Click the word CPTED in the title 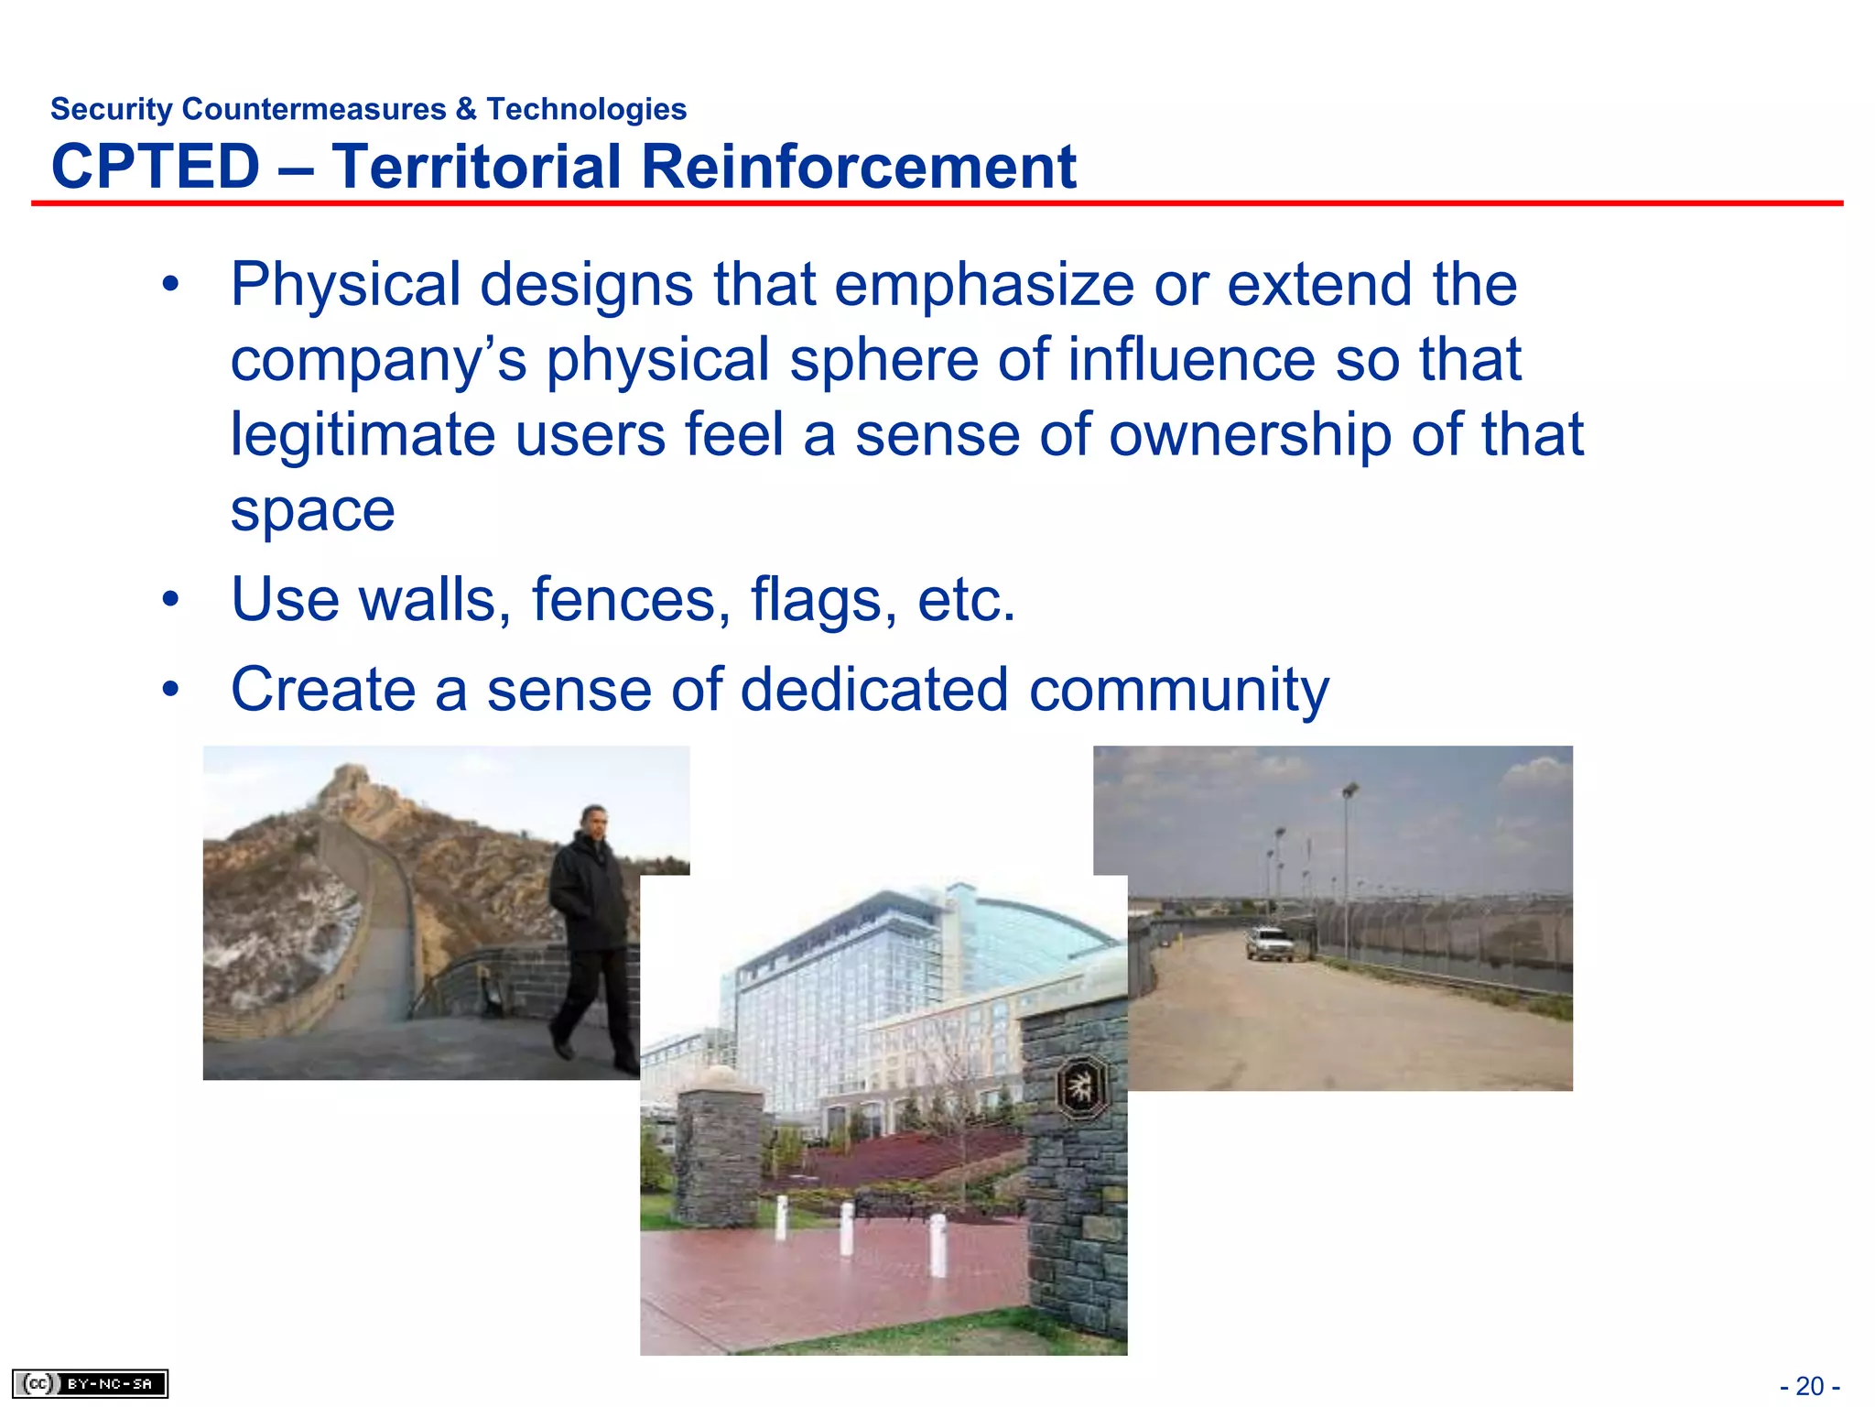(156, 167)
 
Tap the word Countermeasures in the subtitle (314, 109)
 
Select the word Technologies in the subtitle (586, 109)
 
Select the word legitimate (362, 434)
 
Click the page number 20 (1810, 1386)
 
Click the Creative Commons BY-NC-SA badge (90, 1383)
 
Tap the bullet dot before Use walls (170, 600)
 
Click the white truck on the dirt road (1269, 943)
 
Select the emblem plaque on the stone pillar (1082, 1087)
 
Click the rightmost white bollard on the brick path (937, 1244)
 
